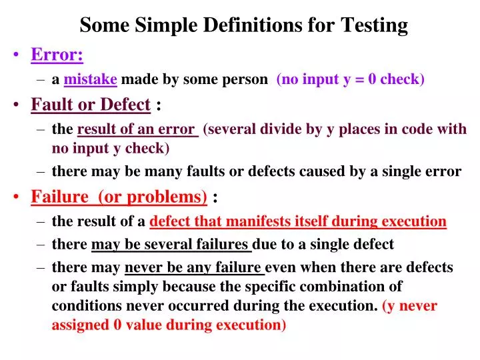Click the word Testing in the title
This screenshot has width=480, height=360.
tap(374, 25)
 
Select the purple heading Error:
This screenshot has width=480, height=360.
tap(57, 55)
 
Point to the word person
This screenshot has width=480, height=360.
tap(244, 79)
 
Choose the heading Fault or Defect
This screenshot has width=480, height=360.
tap(91, 105)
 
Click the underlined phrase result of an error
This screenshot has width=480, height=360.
tap(138, 129)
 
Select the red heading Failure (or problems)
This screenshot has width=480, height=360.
tap(119, 197)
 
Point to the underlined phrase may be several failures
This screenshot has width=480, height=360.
tap(171, 244)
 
